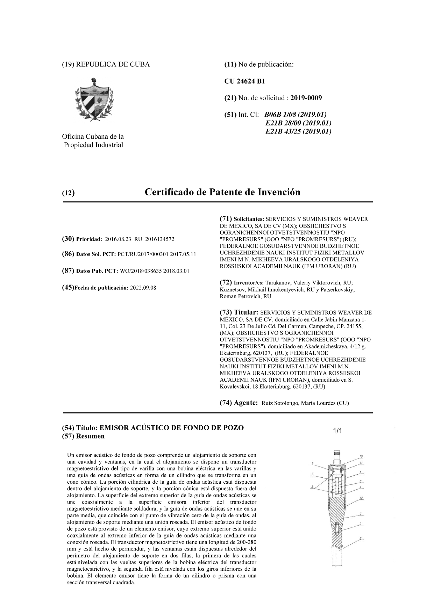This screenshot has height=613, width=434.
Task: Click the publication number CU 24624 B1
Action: click(244, 81)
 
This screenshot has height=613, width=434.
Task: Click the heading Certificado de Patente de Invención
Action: click(222, 192)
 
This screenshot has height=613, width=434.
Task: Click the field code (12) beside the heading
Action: click(68, 193)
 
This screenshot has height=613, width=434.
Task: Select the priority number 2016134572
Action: click(159, 239)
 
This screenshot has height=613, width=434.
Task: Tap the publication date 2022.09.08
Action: click(143, 288)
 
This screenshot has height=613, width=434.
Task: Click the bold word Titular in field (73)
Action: click(246, 312)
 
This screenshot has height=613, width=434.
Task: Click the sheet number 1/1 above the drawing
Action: click(337, 431)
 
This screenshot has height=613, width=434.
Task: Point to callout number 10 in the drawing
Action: click(361, 456)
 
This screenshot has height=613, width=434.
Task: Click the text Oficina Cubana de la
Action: click(93, 137)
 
